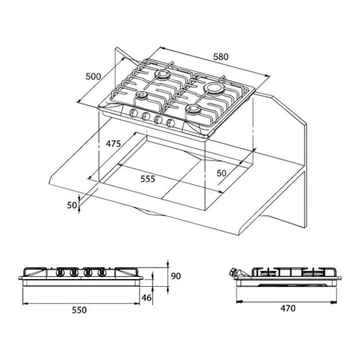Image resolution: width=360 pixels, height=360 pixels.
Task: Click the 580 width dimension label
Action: (221, 57)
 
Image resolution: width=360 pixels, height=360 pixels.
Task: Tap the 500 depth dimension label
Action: (93, 76)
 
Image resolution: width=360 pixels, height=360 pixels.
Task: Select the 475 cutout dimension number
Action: (113, 144)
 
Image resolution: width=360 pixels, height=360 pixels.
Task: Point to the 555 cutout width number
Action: (148, 179)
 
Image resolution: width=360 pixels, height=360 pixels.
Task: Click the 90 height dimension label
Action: (176, 276)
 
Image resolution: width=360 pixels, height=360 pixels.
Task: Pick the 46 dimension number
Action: (147, 298)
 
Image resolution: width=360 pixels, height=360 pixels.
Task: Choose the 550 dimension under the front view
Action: (79, 310)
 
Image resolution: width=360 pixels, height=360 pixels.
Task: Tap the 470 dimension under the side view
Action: (288, 309)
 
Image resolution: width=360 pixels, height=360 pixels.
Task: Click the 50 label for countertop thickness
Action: (72, 205)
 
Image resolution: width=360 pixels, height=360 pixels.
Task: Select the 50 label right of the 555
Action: (221, 174)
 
